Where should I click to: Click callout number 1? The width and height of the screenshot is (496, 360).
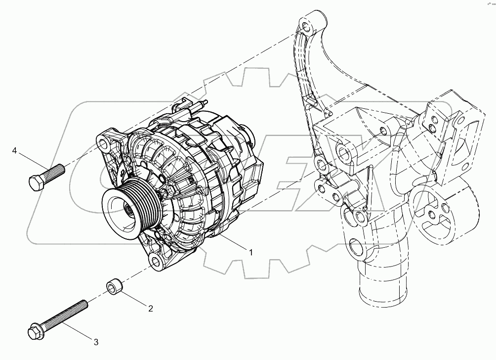(x=250, y=252)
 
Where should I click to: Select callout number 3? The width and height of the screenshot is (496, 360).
(x=96, y=341)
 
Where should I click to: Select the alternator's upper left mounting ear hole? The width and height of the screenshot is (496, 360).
(x=103, y=144)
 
